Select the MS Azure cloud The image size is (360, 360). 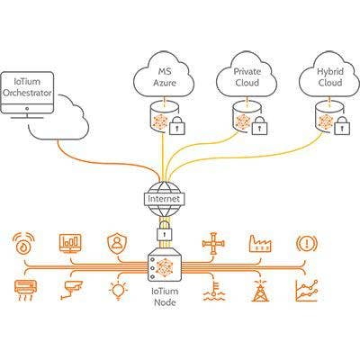click(x=165, y=75)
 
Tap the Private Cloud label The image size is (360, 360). click(x=247, y=76)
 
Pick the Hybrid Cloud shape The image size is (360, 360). click(x=329, y=75)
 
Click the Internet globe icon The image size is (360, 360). click(x=164, y=199)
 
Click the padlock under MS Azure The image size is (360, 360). click(x=177, y=125)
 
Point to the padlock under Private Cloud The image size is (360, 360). click(x=259, y=125)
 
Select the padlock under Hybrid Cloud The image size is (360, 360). click(x=342, y=125)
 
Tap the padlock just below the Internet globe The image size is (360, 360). click(x=165, y=230)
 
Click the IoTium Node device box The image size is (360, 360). click(x=165, y=265)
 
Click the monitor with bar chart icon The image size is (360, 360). click(x=70, y=243)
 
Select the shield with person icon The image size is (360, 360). click(x=117, y=244)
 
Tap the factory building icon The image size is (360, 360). click(x=260, y=243)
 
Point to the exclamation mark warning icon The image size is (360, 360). click(x=307, y=244)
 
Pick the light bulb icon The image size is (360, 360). click(x=118, y=291)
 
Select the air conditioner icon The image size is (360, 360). click(x=26, y=290)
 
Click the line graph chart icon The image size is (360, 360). click(x=306, y=291)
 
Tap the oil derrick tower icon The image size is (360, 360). click(x=260, y=291)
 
